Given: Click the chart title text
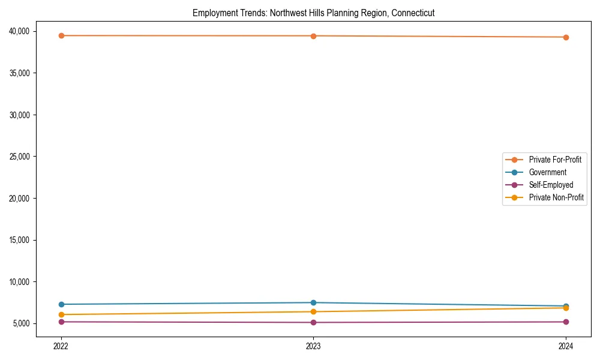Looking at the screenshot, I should [313, 13].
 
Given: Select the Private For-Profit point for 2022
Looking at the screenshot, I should [61, 36].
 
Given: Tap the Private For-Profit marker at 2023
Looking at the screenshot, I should [313, 36].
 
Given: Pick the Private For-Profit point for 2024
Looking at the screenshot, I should [566, 37].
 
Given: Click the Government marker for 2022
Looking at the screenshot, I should [61, 304].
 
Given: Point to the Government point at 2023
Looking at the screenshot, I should [313, 302].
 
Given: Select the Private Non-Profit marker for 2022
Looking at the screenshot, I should [61, 314].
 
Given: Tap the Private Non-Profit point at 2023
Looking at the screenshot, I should [313, 311].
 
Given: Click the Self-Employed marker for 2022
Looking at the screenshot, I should [61, 322].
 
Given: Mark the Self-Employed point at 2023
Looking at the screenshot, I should [313, 322].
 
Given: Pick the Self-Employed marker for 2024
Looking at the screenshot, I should [566, 322].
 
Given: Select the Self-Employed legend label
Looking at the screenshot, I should [551, 185].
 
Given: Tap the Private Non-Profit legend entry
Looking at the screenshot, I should [556, 197].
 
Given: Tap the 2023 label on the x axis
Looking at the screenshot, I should [313, 346].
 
